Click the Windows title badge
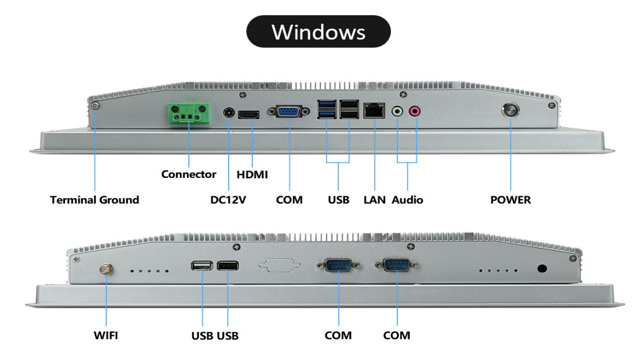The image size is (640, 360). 318,31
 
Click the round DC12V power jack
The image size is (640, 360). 229,113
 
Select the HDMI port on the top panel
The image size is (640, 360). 249,114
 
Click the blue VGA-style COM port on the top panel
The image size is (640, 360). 289,112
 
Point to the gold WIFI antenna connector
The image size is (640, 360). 106,269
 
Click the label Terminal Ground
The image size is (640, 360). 94,200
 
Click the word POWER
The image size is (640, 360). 510,200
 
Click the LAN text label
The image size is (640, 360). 374,200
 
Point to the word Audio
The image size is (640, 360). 408,200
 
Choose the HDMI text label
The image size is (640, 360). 252,175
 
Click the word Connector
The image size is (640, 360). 188,175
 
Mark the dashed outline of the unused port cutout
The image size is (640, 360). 280,267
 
